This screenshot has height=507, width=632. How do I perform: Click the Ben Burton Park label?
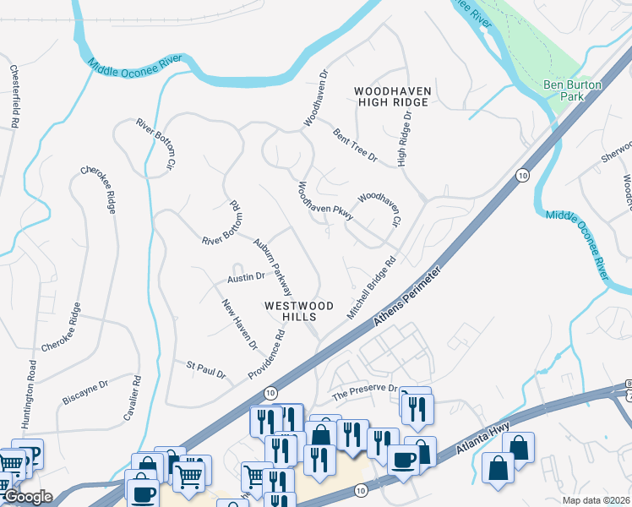click(x=564, y=90)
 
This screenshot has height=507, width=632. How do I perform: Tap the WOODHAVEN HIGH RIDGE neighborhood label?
click(x=392, y=96)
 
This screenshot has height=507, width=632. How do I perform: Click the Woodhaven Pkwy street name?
click(x=324, y=201)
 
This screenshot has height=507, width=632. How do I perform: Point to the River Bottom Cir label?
click(x=158, y=141)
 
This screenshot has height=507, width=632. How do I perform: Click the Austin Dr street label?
click(x=246, y=276)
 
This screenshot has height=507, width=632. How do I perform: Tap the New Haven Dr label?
click(x=239, y=324)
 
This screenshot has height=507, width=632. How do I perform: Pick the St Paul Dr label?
click(x=206, y=369)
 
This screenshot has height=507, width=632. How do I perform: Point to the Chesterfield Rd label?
click(x=14, y=96)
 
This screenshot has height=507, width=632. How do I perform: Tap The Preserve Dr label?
click(x=364, y=391)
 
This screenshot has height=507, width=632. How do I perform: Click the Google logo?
click(x=27, y=497)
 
